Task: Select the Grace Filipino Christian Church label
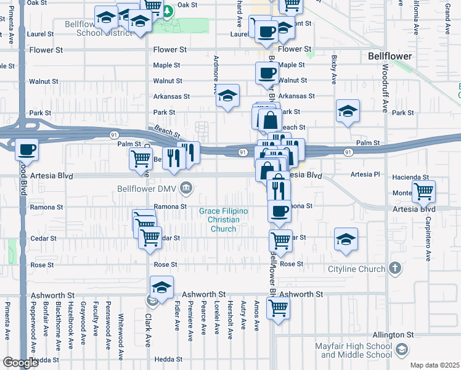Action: coord(223,220)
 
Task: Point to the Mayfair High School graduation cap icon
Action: coord(402,350)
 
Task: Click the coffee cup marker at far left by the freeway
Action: coord(27,149)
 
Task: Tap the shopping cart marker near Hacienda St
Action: coord(424,191)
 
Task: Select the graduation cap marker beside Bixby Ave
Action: coord(348,111)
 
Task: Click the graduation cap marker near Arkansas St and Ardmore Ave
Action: coord(228,95)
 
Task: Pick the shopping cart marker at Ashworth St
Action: coord(278,306)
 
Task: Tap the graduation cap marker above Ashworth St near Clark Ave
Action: coord(161,288)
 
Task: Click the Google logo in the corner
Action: coord(21,363)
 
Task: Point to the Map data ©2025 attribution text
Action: coord(434,365)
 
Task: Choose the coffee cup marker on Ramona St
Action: coord(279,212)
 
